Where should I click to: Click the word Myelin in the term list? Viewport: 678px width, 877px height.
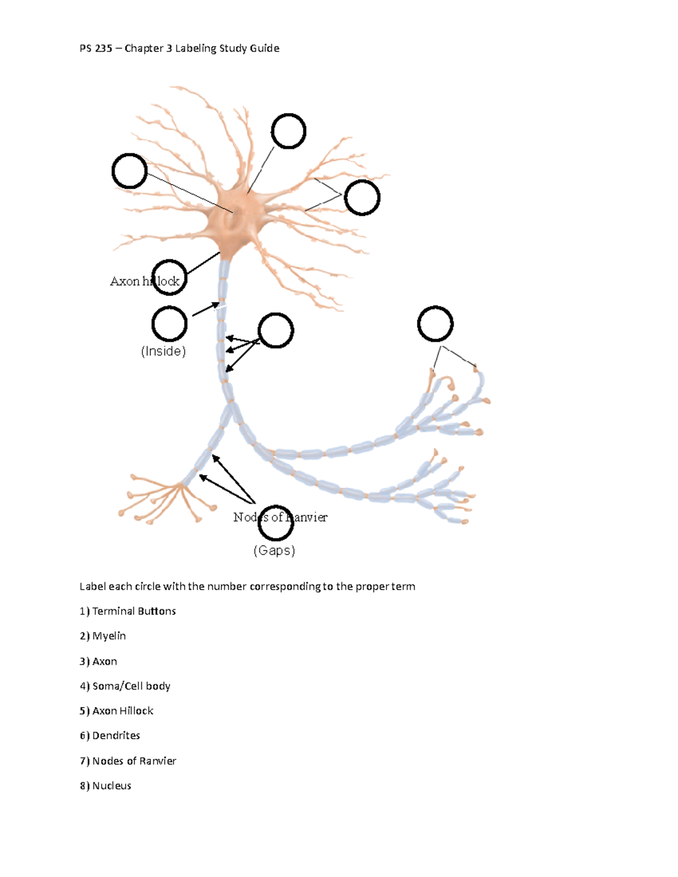pos(108,636)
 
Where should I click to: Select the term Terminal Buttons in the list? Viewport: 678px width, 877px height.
pos(133,611)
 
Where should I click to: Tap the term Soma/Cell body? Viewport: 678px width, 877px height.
pos(131,686)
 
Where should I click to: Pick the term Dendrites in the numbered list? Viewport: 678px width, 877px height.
pos(116,735)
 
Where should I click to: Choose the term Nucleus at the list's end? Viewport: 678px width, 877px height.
pos(111,786)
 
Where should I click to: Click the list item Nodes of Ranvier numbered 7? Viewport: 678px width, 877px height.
pos(134,761)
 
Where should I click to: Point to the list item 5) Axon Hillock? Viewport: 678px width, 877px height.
pos(123,710)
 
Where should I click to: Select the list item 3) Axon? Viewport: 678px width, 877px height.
pos(105,661)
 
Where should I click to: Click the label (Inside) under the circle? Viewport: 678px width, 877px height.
pos(163,351)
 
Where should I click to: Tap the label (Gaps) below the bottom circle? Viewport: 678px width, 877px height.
pos(274,550)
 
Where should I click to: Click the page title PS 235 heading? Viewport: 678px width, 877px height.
pos(180,48)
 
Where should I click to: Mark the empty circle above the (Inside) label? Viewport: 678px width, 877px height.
pos(169,324)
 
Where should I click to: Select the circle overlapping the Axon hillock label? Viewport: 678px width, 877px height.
pos(169,277)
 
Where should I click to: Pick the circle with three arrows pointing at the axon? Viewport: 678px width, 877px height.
pos(276,330)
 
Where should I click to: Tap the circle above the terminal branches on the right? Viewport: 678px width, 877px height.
pos(435,324)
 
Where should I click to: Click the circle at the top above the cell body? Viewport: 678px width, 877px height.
pos(289,131)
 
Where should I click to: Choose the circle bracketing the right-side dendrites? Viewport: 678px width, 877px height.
pos(362,198)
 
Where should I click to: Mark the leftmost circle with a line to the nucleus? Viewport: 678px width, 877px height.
pos(129,171)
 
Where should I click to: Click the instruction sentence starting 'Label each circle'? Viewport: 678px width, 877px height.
pos(247,586)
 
